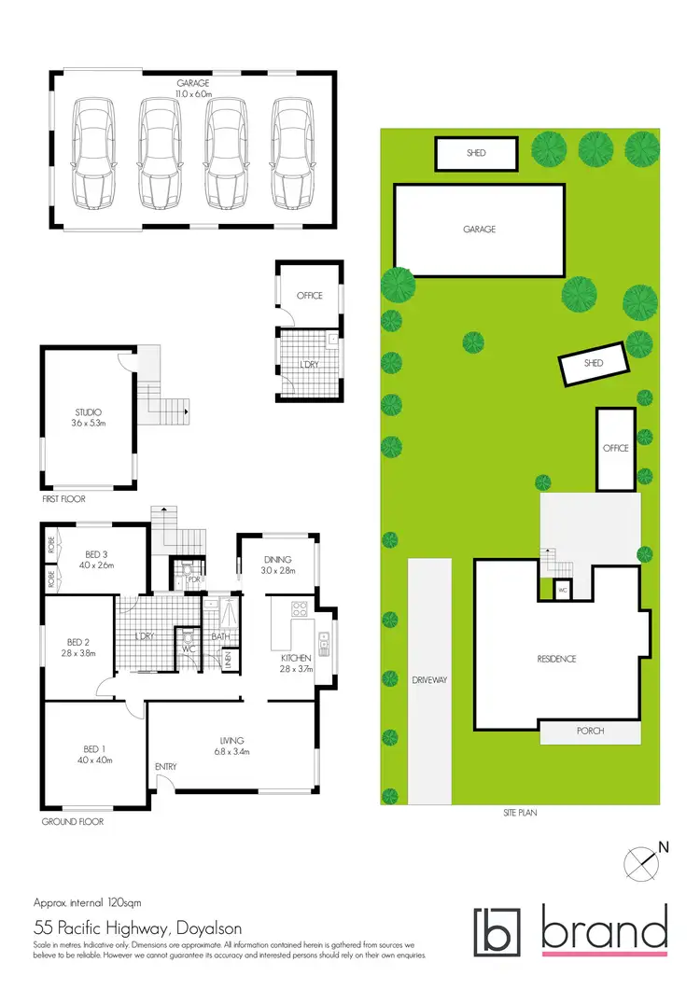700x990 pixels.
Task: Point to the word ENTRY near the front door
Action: coord(166,767)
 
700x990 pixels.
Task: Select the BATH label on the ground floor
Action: coord(220,637)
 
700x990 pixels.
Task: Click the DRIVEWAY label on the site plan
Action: coord(430,680)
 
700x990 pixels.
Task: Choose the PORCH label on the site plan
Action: coord(590,731)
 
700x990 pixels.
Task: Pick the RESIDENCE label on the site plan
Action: coord(556,659)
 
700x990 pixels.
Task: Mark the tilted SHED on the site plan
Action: coord(594,363)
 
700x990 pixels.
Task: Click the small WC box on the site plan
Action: coord(563,590)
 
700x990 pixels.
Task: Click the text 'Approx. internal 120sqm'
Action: coord(87,903)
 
